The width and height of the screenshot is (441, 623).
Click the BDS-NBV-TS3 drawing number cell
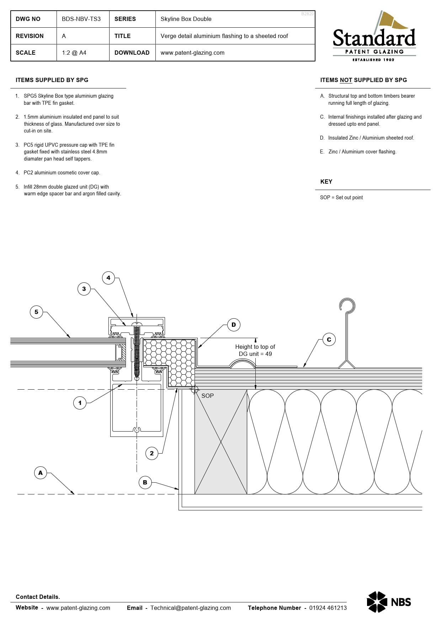(x=81, y=19)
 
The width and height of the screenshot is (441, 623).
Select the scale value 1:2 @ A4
(x=74, y=53)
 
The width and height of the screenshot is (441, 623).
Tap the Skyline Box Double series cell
(x=186, y=19)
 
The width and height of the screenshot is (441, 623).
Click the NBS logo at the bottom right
(x=389, y=602)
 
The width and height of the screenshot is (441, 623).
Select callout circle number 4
(x=108, y=278)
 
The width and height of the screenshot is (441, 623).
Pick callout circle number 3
(x=84, y=289)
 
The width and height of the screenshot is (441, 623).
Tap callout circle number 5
(x=36, y=312)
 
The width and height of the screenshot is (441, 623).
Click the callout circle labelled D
(x=234, y=325)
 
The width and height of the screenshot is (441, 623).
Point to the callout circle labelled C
(x=329, y=340)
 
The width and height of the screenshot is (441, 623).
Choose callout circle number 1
(x=80, y=403)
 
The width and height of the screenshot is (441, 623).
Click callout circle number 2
(x=152, y=453)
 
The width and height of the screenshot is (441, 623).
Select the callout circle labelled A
(x=41, y=473)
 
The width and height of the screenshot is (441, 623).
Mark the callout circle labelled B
(x=145, y=482)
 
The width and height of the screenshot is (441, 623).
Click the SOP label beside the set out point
(x=207, y=396)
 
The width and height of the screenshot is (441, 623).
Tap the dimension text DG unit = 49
(x=255, y=354)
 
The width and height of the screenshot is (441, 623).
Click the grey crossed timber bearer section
(x=221, y=441)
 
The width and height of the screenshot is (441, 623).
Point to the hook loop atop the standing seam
(x=347, y=305)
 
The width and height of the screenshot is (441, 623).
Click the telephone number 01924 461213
(x=328, y=608)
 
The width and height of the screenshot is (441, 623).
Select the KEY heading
(x=326, y=182)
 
